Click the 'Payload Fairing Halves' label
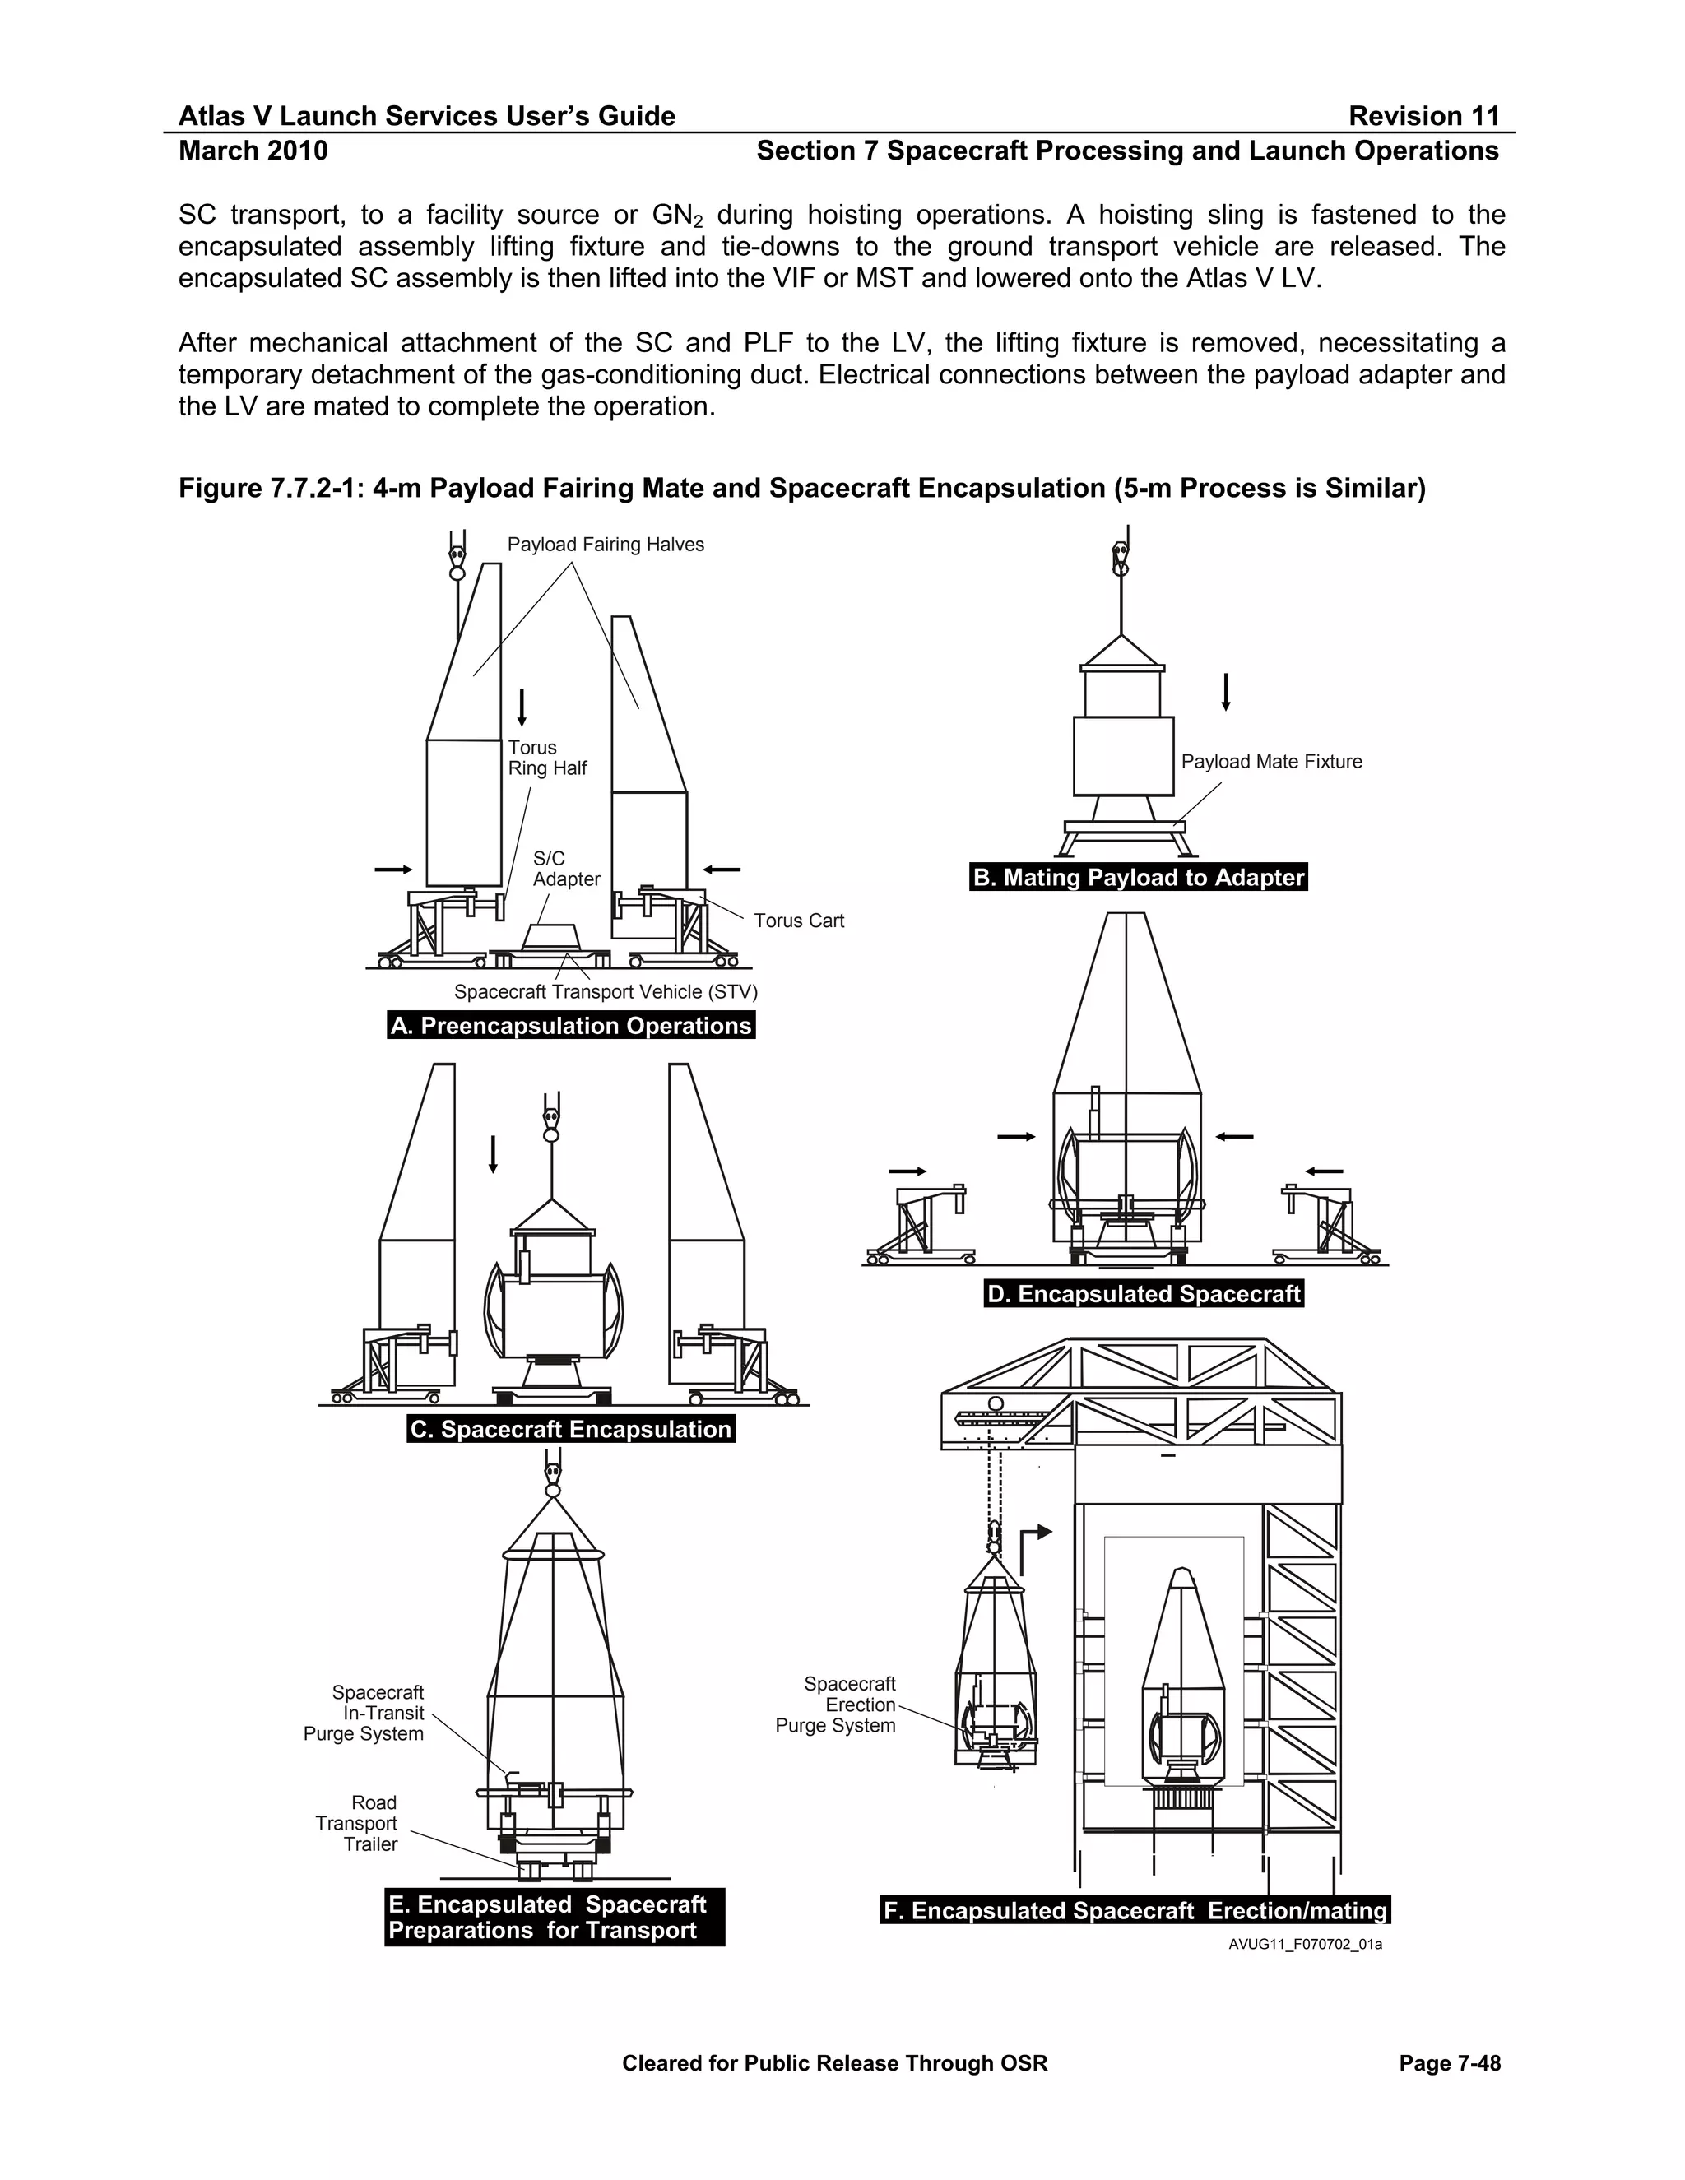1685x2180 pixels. click(605, 545)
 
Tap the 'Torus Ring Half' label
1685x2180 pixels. click(547, 758)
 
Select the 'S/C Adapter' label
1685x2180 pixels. click(566, 869)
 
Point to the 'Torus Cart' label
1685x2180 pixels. click(799, 921)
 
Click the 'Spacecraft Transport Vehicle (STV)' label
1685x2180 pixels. click(606, 992)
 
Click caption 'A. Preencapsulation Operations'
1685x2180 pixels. click(571, 1026)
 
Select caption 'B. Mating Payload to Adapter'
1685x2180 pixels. click(1138, 878)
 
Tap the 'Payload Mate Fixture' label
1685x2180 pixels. click(1270, 762)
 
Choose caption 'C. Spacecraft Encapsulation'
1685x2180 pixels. click(571, 1430)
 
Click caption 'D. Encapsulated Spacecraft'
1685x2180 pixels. click(1143, 1295)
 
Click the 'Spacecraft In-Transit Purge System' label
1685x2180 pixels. click(364, 1713)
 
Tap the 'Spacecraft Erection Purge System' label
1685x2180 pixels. click(837, 1705)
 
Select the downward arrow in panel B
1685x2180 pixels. click(1226, 692)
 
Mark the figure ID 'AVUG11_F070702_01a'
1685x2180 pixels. click(1305, 1945)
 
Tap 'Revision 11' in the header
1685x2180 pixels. click(1423, 117)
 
